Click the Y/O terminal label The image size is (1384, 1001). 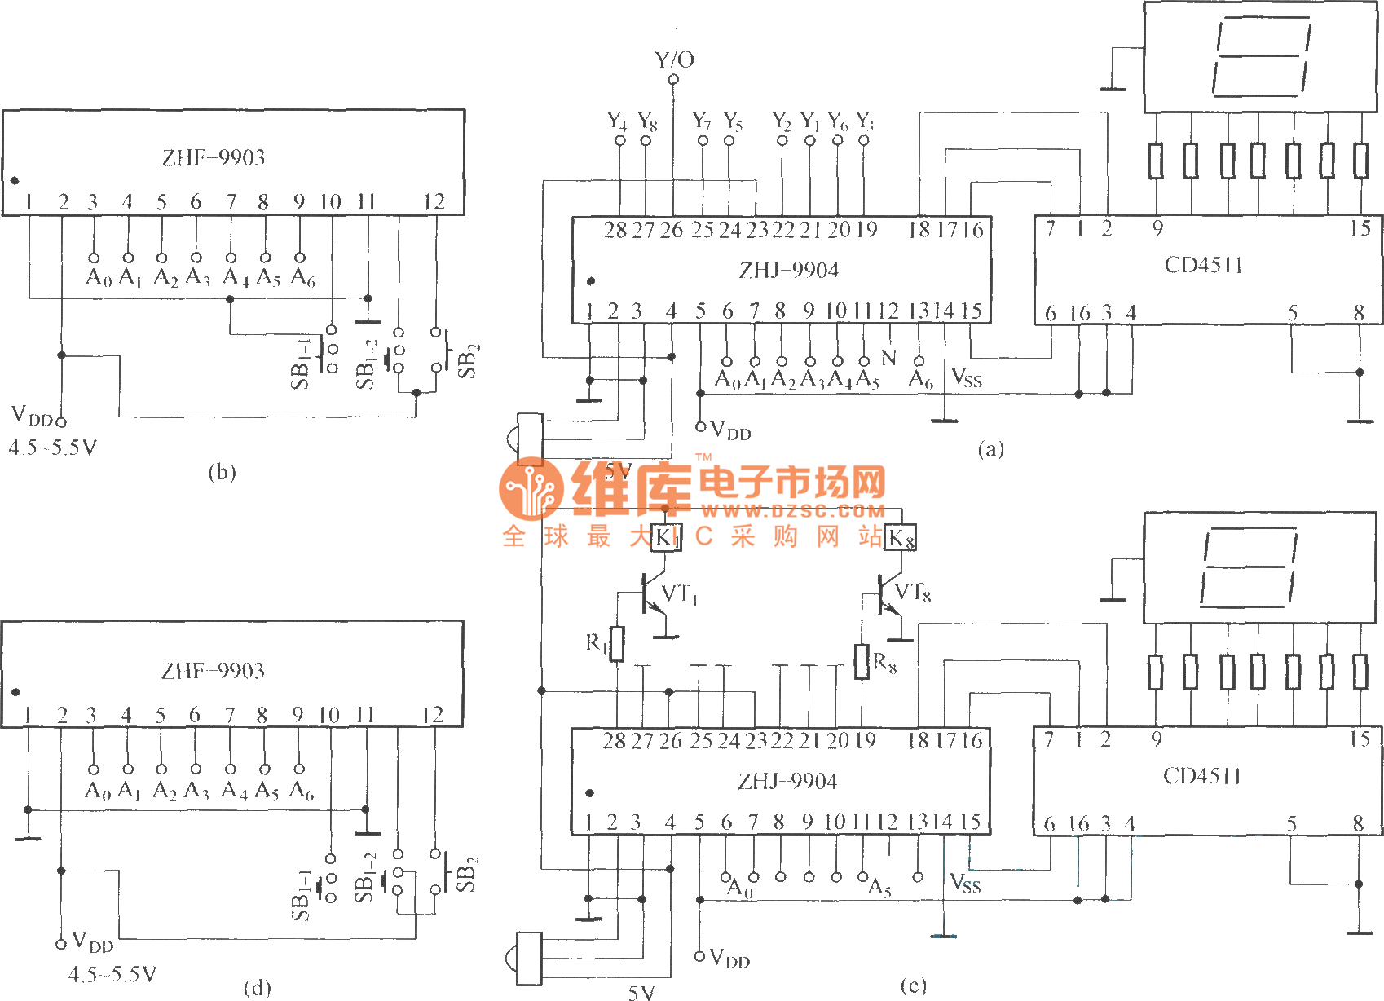pos(674,60)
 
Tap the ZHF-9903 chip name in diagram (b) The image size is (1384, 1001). pos(214,157)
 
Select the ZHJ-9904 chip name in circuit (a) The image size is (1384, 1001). pos(788,270)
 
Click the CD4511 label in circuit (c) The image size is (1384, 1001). pos(1202,775)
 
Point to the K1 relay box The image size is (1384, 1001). pos(666,537)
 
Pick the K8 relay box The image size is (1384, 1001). pos(901,538)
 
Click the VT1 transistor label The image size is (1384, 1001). pos(679,594)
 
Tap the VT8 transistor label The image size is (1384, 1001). pos(913,593)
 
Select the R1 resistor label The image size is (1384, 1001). pos(597,643)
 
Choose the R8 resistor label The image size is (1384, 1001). pos(884,663)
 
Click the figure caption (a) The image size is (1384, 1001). pos(990,449)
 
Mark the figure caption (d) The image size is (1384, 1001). pos(257,988)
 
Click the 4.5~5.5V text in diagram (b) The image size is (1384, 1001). pos(53,448)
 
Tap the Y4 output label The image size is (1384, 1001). pos(617,121)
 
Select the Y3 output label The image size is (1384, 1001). pos(864,121)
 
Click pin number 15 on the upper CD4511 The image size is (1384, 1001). pos(1360,228)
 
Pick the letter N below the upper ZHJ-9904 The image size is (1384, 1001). pos(888,358)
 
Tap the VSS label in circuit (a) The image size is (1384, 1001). pos(967,377)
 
